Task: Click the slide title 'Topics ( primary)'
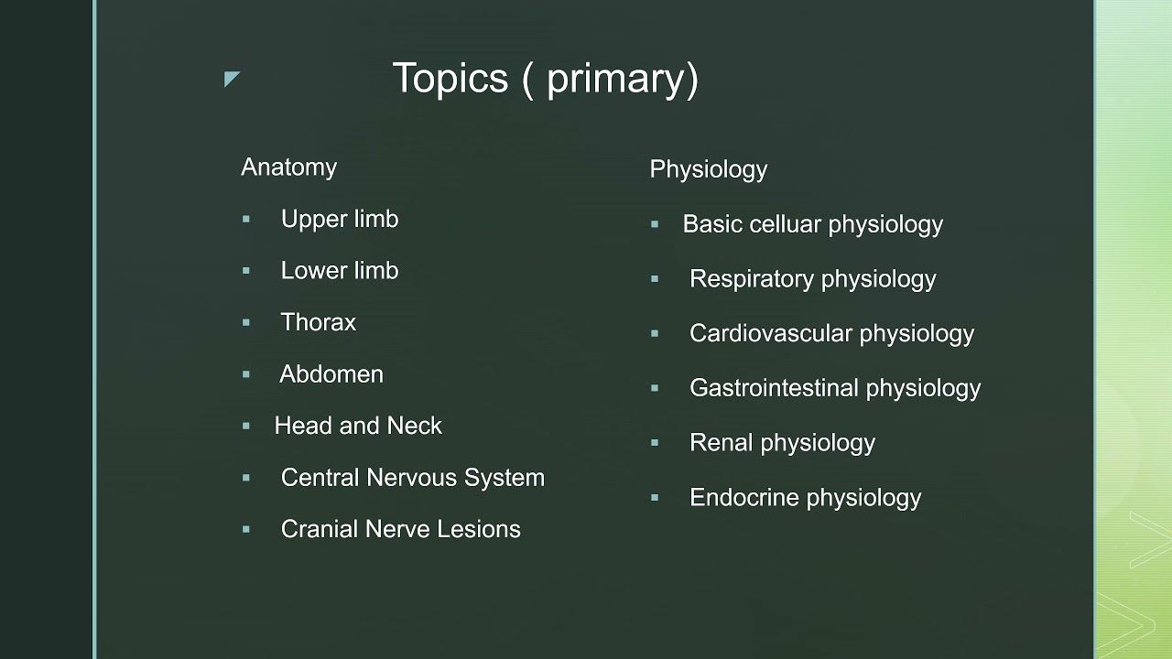(545, 79)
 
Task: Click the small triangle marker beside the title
(231, 80)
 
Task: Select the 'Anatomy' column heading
(288, 167)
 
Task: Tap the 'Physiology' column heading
(708, 169)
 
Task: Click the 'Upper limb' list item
(339, 220)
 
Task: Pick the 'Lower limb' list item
(339, 271)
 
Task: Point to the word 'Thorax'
(318, 322)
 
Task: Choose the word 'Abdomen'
(331, 374)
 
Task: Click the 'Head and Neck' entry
(358, 426)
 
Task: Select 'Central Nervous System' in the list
(412, 478)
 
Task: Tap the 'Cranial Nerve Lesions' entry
(400, 529)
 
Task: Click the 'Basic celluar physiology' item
(812, 225)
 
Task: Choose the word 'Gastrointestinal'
(774, 388)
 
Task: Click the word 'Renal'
(721, 443)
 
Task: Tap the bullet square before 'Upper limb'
(246, 220)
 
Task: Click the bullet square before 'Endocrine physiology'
(655, 498)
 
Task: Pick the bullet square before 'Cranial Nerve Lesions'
(246, 529)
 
